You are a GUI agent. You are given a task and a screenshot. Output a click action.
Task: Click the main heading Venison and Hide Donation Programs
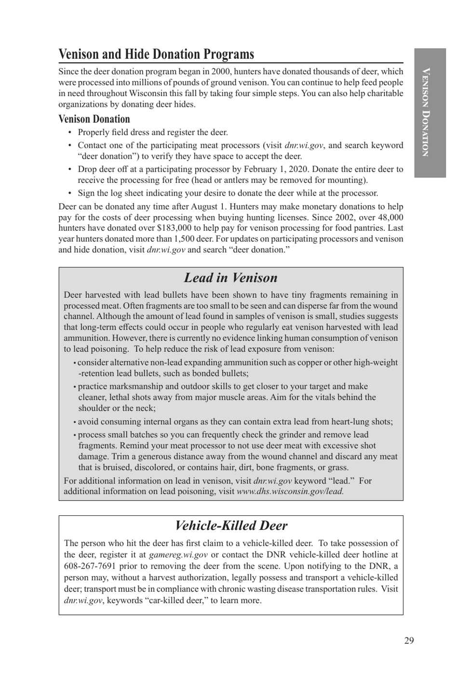coord(156,54)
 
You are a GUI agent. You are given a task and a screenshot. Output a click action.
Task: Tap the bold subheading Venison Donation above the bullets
coord(94,119)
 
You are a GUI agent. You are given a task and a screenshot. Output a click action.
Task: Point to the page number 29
coord(409,640)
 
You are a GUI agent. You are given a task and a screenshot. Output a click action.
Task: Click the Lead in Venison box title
coord(230,278)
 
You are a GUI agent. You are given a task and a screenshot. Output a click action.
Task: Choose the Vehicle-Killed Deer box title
coord(231,526)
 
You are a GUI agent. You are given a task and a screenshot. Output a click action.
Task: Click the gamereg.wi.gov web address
coord(178,555)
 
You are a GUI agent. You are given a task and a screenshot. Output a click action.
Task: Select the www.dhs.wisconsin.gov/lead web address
coord(290,491)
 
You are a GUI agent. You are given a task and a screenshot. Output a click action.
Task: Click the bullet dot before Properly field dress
coord(70,132)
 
